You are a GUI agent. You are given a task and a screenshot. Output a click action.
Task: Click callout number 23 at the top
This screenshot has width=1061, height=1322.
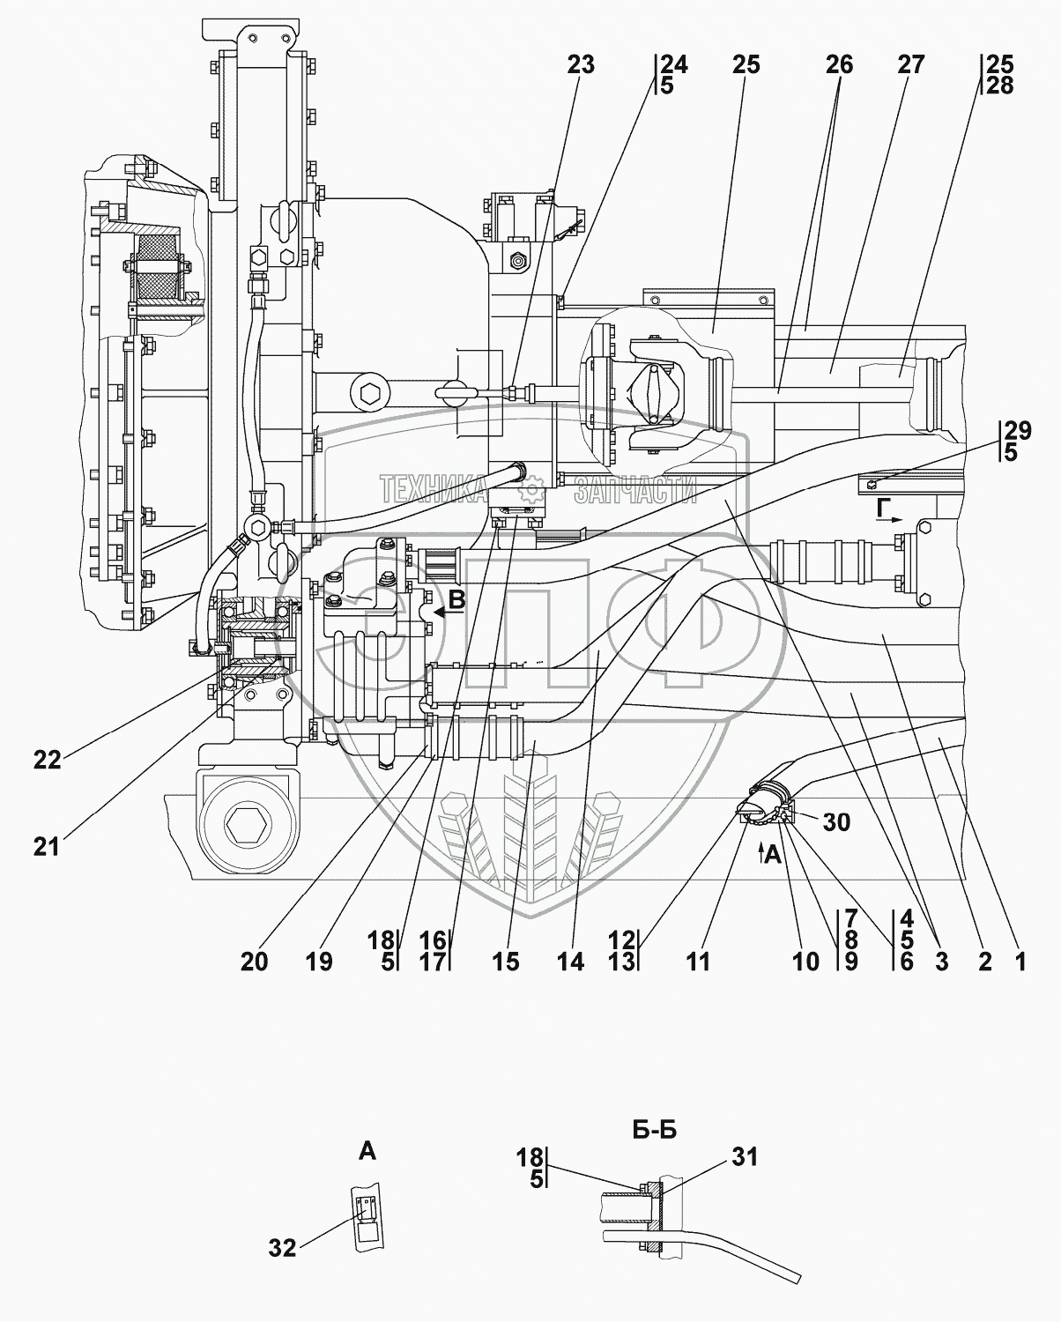[x=581, y=65]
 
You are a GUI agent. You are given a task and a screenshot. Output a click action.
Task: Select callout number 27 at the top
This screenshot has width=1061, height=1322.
[x=911, y=65]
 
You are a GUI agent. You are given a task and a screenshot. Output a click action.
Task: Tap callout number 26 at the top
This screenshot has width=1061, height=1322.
[x=839, y=65]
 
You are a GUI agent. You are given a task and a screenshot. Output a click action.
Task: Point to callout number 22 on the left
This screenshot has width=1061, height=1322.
[x=48, y=759]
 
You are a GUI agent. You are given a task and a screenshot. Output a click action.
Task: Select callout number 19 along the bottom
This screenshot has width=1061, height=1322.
[x=319, y=962]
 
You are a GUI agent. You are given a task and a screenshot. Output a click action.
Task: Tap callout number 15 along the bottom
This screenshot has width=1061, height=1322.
[x=506, y=962]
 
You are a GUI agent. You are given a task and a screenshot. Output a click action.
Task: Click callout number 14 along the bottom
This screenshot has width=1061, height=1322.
[x=570, y=962]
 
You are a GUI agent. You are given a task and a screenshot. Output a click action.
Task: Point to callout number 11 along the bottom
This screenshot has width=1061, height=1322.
[x=697, y=962]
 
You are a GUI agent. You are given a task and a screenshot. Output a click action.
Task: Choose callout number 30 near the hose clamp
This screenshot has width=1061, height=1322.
[x=836, y=821]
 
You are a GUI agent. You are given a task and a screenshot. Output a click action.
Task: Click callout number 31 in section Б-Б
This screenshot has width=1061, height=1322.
[x=746, y=1157]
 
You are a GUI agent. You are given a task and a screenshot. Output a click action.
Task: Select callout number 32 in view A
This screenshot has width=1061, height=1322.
[x=285, y=1247]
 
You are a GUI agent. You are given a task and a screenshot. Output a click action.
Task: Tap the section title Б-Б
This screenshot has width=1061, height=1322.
[x=655, y=1130]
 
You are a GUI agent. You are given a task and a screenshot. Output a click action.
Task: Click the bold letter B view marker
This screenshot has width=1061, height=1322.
[x=456, y=601]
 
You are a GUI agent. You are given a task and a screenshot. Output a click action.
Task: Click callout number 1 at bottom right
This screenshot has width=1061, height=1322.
[x=1020, y=962]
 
